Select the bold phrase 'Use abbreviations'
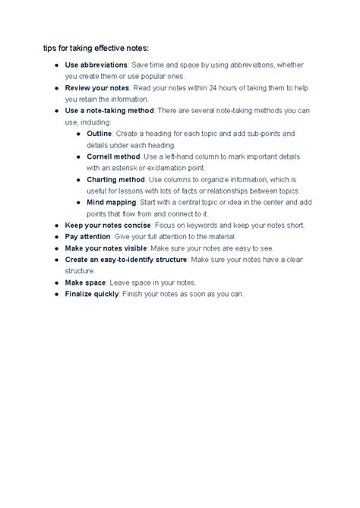96,65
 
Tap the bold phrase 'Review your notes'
97,87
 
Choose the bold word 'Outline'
103,133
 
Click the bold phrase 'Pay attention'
89,236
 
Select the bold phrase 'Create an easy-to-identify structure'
126,259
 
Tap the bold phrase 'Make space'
84,282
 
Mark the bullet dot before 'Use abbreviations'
58,65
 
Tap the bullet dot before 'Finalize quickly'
58,294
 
